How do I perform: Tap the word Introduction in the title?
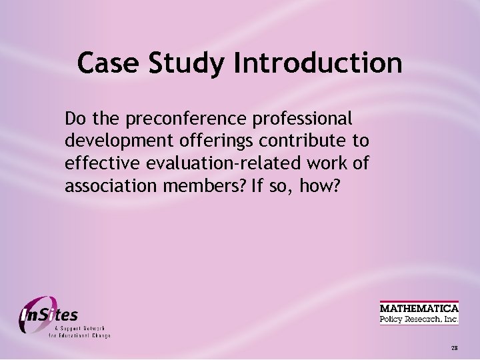[x=318, y=63]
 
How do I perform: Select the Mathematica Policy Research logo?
[x=419, y=313]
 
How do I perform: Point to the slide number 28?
[x=454, y=348]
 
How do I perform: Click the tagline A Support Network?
[x=79, y=329]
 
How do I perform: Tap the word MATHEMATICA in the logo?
[x=419, y=308]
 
